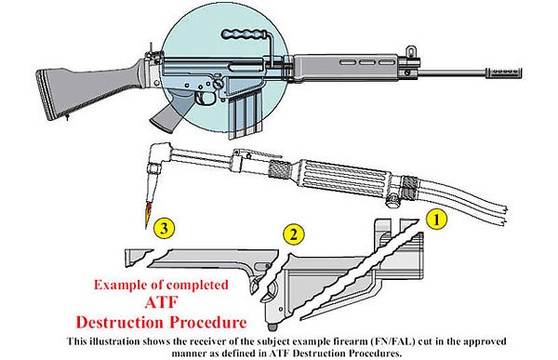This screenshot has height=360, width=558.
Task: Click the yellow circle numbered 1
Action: coord(436,220)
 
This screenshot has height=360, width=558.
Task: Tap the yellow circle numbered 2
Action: coord(294,234)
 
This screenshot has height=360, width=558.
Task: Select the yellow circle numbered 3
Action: coord(164,228)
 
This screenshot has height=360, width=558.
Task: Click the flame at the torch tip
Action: coord(147,215)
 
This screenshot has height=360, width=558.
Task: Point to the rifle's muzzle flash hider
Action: coord(503,72)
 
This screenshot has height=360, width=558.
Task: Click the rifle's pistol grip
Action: coord(166,113)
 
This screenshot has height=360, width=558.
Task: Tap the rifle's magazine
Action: coord(245,113)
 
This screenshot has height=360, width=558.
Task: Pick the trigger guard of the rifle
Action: coord(205,99)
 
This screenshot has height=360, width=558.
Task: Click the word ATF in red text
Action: coord(161,302)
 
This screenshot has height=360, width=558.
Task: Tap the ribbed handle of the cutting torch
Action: coord(343,179)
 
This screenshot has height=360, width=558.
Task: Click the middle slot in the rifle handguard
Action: coord(366,62)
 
